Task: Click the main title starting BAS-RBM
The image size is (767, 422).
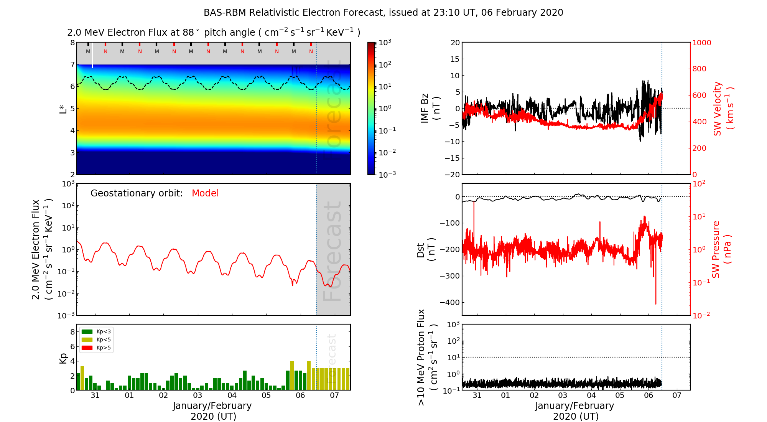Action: tap(383, 13)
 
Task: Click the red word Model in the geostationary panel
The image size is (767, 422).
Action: tap(205, 193)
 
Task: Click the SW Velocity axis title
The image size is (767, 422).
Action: tap(723, 109)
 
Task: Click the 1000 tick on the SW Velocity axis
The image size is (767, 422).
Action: tap(701, 43)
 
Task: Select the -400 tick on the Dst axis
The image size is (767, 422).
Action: tap(449, 302)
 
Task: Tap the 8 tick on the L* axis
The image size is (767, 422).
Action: tap(72, 43)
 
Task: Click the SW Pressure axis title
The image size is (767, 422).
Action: tap(721, 249)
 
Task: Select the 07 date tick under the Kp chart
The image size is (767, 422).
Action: tap(334, 396)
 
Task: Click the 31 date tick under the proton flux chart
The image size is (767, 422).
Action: tap(477, 396)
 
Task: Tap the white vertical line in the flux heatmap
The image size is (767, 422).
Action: tap(92, 55)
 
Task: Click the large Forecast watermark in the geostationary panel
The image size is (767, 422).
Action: tap(332, 251)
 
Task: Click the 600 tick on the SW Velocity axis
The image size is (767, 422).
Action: tap(699, 95)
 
